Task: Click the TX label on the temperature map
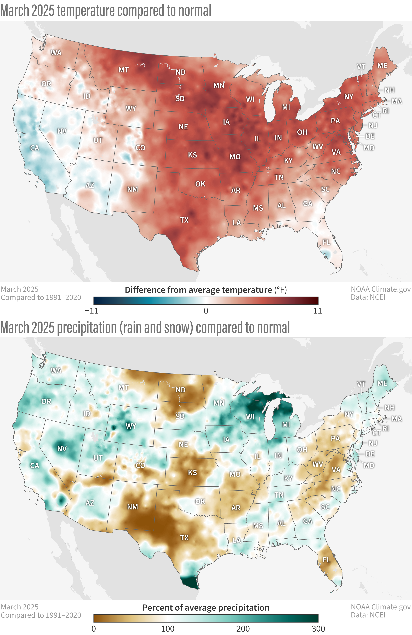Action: point(184,220)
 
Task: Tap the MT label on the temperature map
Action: point(124,70)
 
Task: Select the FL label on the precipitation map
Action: point(326,560)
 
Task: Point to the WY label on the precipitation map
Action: point(131,426)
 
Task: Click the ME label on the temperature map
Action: point(382,66)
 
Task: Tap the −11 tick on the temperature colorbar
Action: point(92,311)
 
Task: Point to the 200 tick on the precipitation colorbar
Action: point(243,629)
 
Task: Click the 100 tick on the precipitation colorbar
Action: point(168,629)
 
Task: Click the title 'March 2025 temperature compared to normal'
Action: point(105,11)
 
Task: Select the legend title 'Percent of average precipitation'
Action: point(206,608)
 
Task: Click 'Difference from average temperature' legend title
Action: point(198,290)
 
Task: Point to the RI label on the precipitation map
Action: point(386,428)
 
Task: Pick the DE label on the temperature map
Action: point(370,136)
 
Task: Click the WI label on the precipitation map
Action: point(250,417)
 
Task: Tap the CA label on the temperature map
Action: point(35,148)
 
